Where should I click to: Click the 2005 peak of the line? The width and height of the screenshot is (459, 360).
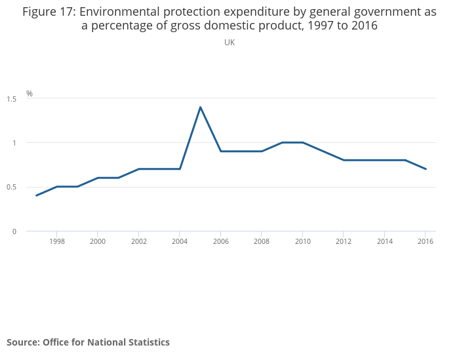coord(200,108)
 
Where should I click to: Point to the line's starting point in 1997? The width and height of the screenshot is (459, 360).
coord(36,195)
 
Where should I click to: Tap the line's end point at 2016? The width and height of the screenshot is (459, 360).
coord(426,169)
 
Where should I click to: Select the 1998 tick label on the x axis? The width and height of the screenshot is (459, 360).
coord(57,241)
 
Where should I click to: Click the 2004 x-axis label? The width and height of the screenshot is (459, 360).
coord(180,241)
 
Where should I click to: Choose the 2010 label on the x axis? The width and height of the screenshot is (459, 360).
coord(303,241)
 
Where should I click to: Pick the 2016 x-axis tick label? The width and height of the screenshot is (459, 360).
coord(426,241)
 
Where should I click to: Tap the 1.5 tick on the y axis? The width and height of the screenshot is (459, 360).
coord(11,99)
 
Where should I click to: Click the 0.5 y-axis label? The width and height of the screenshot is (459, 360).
coord(11,187)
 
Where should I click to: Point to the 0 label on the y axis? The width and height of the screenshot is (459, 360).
coord(14,231)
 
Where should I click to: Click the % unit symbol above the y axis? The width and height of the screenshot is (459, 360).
coord(30,93)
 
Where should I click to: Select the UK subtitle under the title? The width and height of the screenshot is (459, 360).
coord(229,43)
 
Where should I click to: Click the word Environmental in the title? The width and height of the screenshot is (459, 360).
coord(119,12)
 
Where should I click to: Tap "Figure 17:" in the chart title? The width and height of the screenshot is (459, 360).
coord(49,12)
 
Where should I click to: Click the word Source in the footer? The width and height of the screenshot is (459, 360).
coord(23,342)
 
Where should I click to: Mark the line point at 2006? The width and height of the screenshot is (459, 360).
coord(221,151)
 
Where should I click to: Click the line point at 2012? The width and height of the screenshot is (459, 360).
coord(344,160)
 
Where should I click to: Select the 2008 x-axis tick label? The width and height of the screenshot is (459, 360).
coord(262,241)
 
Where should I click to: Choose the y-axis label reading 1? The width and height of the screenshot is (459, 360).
coord(14,143)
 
